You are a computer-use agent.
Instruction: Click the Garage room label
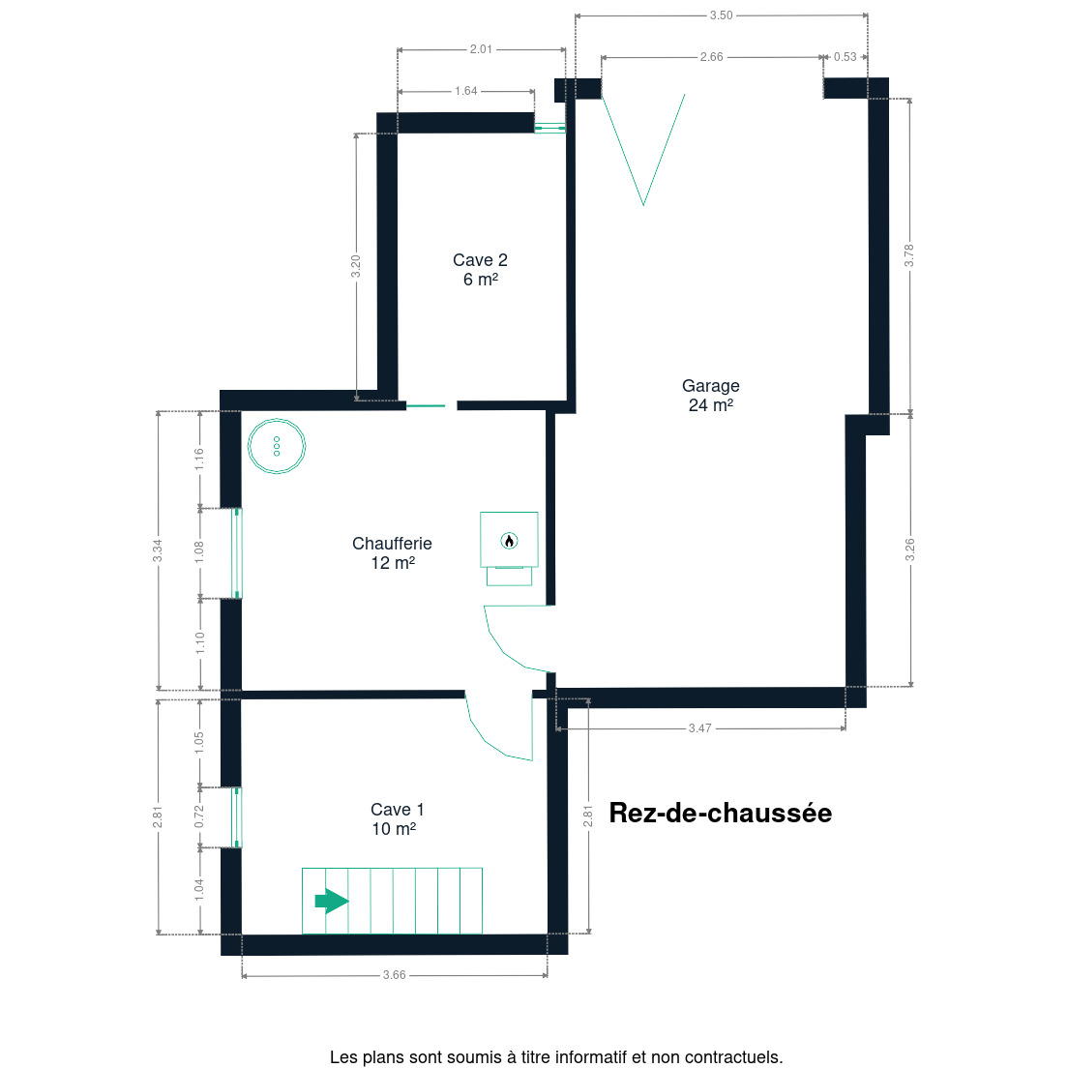pyautogui.click(x=710, y=396)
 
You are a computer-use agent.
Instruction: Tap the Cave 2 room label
pyautogui.click(x=480, y=270)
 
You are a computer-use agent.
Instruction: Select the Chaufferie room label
pyautogui.click(x=393, y=553)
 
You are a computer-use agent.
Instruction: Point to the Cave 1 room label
pyautogui.click(x=397, y=818)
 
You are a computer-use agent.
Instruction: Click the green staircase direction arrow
pyautogui.click(x=332, y=902)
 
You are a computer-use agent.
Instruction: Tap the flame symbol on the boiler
pyautogui.click(x=509, y=541)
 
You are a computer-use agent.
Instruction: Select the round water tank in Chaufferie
pyautogui.click(x=277, y=446)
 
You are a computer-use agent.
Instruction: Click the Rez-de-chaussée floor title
pyautogui.click(x=720, y=813)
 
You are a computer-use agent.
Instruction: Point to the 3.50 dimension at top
pyautogui.click(x=721, y=15)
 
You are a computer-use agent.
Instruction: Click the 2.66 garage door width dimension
pyautogui.click(x=711, y=57)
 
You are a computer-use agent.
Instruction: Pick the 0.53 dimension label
pyautogui.click(x=845, y=57)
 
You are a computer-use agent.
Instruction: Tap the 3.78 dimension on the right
pyautogui.click(x=909, y=255)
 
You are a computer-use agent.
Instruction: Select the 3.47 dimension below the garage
pyautogui.click(x=699, y=728)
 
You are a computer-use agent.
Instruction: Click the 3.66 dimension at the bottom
pyautogui.click(x=394, y=975)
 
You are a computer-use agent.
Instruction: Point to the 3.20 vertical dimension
pyautogui.click(x=356, y=266)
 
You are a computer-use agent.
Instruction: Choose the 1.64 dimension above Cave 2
pyautogui.click(x=466, y=91)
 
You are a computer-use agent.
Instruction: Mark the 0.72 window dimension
pyautogui.click(x=199, y=816)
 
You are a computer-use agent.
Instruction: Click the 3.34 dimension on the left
pyautogui.click(x=158, y=550)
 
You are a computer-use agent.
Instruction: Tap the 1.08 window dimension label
pyautogui.click(x=199, y=552)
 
